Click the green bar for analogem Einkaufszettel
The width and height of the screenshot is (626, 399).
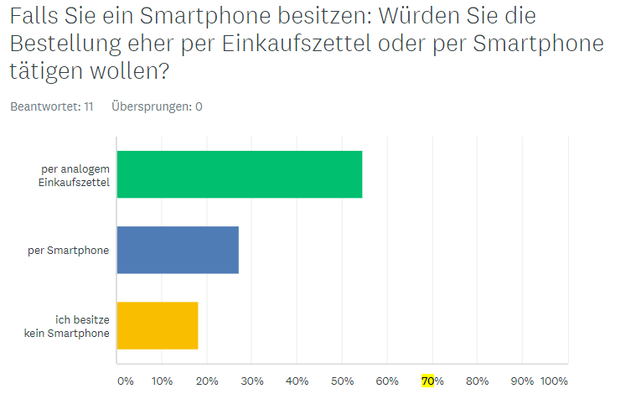tap(240, 174)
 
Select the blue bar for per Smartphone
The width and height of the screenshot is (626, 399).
tap(178, 250)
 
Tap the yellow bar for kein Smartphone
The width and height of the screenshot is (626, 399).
tap(158, 325)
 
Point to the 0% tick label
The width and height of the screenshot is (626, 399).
tap(125, 381)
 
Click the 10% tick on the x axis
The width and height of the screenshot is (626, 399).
tap(163, 381)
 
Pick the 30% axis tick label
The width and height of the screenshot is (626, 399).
tap(252, 381)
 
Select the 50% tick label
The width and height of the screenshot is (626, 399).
tap(343, 381)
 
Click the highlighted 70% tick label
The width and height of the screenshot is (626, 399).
tap(432, 381)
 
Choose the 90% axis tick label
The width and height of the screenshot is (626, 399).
tap(522, 381)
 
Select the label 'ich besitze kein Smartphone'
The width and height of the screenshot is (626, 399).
tap(80, 325)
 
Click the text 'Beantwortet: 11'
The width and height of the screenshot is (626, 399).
tap(51, 106)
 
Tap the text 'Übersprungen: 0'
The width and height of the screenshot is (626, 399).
tap(157, 106)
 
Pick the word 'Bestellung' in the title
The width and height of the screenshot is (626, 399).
tap(66, 45)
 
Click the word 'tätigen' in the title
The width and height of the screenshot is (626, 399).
tap(41, 73)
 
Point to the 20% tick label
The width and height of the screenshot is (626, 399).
tap(207, 381)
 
